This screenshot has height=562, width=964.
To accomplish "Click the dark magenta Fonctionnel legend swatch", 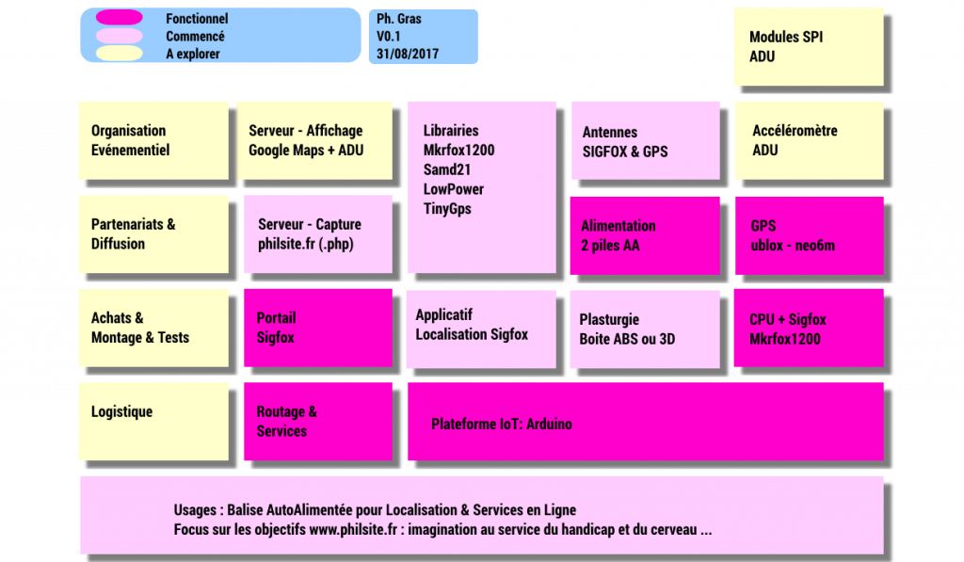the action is [x=120, y=17].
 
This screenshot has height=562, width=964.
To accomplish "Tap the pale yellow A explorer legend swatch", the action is [x=120, y=54].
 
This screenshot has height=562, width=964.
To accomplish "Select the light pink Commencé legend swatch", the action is [x=120, y=36].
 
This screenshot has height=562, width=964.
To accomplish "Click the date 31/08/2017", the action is [x=408, y=54].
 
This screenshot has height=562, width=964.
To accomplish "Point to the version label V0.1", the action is [x=389, y=37].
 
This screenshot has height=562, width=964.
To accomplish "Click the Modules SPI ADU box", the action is [x=809, y=47].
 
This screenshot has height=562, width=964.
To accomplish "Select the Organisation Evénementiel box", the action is [x=153, y=141].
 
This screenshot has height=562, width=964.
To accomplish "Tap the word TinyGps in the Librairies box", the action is [x=447, y=208].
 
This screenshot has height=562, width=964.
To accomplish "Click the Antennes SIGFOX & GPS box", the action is [x=646, y=141].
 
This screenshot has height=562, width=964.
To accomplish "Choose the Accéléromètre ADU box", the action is [x=809, y=141].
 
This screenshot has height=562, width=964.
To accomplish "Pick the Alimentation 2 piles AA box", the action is [x=645, y=235].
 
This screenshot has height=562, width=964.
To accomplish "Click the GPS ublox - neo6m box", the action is [x=809, y=235].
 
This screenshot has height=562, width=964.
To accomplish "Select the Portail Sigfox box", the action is [x=318, y=328].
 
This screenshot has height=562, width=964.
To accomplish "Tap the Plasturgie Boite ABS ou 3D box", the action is [x=645, y=329].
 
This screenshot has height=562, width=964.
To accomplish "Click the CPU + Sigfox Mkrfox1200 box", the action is [x=809, y=328].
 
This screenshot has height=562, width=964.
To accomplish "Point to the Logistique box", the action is [x=153, y=421].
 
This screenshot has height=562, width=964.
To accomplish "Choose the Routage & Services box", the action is [x=318, y=421].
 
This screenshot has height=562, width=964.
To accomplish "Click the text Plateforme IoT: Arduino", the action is [x=502, y=424].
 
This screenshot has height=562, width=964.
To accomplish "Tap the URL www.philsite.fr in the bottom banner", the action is [x=353, y=529].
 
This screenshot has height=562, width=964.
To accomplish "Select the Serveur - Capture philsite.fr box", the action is [x=318, y=234].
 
